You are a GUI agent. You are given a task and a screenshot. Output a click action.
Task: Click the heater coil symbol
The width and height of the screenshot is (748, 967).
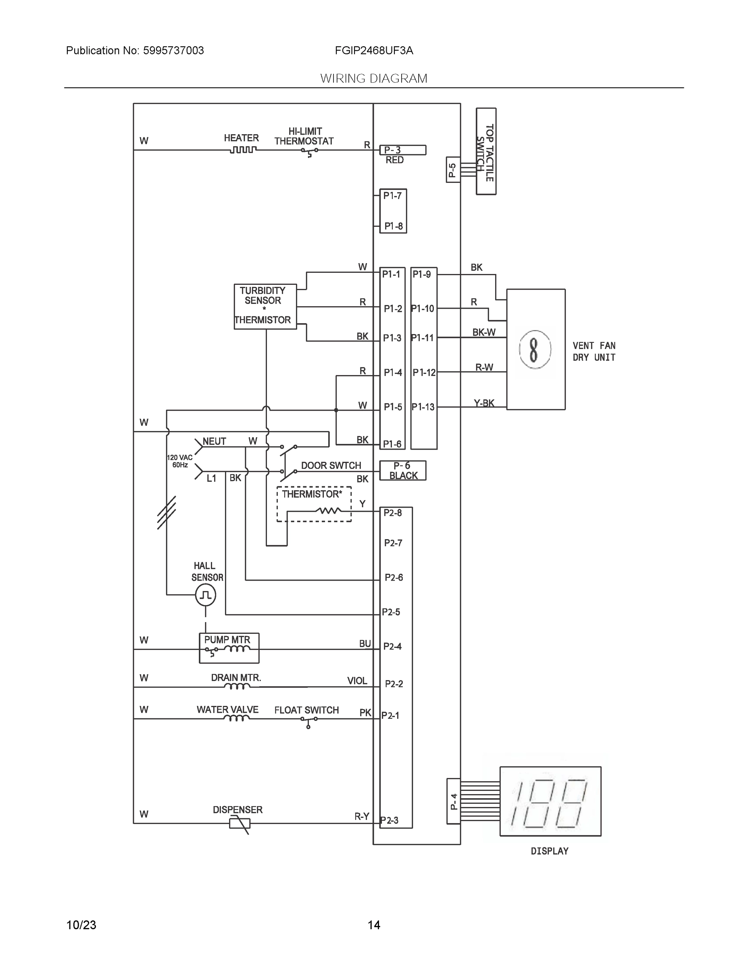[x=243, y=150]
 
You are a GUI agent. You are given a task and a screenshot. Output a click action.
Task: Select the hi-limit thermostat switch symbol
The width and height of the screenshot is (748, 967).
[x=309, y=151]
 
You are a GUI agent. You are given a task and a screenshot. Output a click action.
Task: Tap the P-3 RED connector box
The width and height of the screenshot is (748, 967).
[x=403, y=150]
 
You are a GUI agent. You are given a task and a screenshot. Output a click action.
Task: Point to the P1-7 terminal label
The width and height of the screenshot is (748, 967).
[x=393, y=196]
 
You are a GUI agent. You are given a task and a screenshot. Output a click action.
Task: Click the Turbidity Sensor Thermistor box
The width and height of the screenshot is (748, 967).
[x=265, y=306]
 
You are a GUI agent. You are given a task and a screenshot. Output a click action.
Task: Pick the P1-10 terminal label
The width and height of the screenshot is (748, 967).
[x=423, y=309]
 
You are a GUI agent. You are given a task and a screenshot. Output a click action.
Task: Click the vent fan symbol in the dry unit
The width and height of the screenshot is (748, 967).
[x=535, y=349]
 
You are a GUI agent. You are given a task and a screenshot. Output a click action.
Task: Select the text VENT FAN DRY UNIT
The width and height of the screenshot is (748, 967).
[x=594, y=352]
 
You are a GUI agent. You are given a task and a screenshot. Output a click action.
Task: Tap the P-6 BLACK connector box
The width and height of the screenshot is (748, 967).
[x=403, y=471]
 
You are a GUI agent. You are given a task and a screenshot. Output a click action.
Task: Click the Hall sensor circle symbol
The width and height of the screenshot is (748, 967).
[x=206, y=595]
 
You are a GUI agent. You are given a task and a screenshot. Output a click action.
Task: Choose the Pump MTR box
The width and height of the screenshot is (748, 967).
[x=229, y=648]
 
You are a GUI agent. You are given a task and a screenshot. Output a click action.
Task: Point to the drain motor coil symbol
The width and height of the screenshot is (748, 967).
[x=237, y=687]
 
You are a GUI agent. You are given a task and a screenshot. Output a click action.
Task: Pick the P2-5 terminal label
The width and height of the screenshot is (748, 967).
[x=392, y=612]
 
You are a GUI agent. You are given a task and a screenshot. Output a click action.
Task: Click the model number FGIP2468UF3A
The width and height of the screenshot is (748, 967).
[x=374, y=50]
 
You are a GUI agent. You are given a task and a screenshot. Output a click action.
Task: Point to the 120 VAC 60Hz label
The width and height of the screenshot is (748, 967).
[x=179, y=461]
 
